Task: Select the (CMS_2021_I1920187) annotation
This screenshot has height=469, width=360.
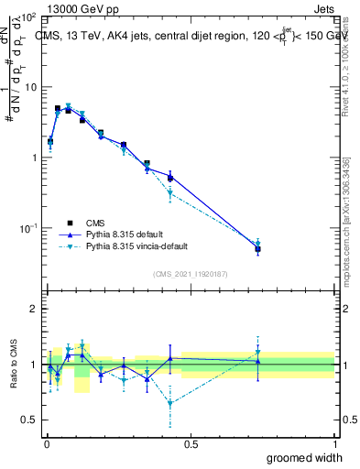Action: pos(189,273)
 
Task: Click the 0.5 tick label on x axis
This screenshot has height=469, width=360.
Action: pos(191,442)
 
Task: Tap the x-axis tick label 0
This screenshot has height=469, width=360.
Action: pos(46,442)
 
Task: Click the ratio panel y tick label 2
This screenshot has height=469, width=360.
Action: pos(33,309)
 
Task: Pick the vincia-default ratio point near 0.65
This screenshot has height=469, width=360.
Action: pos(170,403)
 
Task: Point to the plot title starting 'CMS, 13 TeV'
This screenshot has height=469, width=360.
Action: pos(188,37)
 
